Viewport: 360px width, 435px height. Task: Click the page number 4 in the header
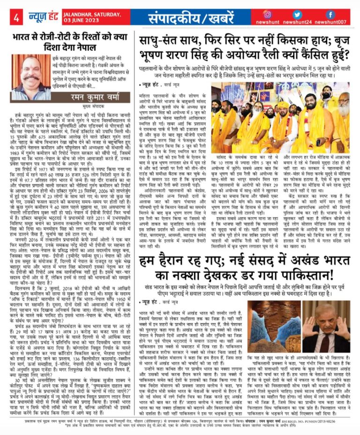[16, 18]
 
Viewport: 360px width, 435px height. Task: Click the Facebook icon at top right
[330, 14]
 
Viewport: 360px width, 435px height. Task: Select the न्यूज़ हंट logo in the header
[38, 17]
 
